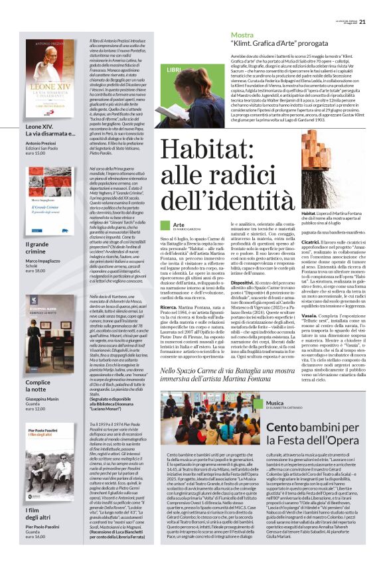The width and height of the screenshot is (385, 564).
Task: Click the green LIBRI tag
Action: (174, 69)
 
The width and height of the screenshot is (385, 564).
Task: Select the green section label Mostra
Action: (242, 35)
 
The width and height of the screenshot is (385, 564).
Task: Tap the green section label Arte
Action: (178, 225)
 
